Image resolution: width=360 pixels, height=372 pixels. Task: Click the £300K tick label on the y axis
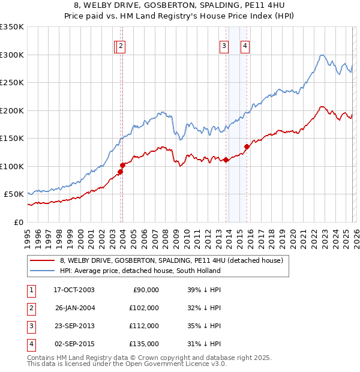[12, 55]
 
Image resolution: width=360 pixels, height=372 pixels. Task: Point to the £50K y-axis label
[14, 194]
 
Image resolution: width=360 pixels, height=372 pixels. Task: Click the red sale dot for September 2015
[247, 146]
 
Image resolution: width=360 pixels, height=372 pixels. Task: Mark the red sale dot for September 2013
[226, 160]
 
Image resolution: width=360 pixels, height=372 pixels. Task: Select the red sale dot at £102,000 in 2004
[122, 165]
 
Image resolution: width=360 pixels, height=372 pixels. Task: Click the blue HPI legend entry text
[140, 271]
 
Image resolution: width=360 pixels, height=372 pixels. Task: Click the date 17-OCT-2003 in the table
[74, 290]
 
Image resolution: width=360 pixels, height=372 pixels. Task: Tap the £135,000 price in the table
[144, 344]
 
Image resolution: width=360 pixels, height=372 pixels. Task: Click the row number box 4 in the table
[30, 344]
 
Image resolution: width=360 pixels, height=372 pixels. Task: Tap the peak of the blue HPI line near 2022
[322, 55]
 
